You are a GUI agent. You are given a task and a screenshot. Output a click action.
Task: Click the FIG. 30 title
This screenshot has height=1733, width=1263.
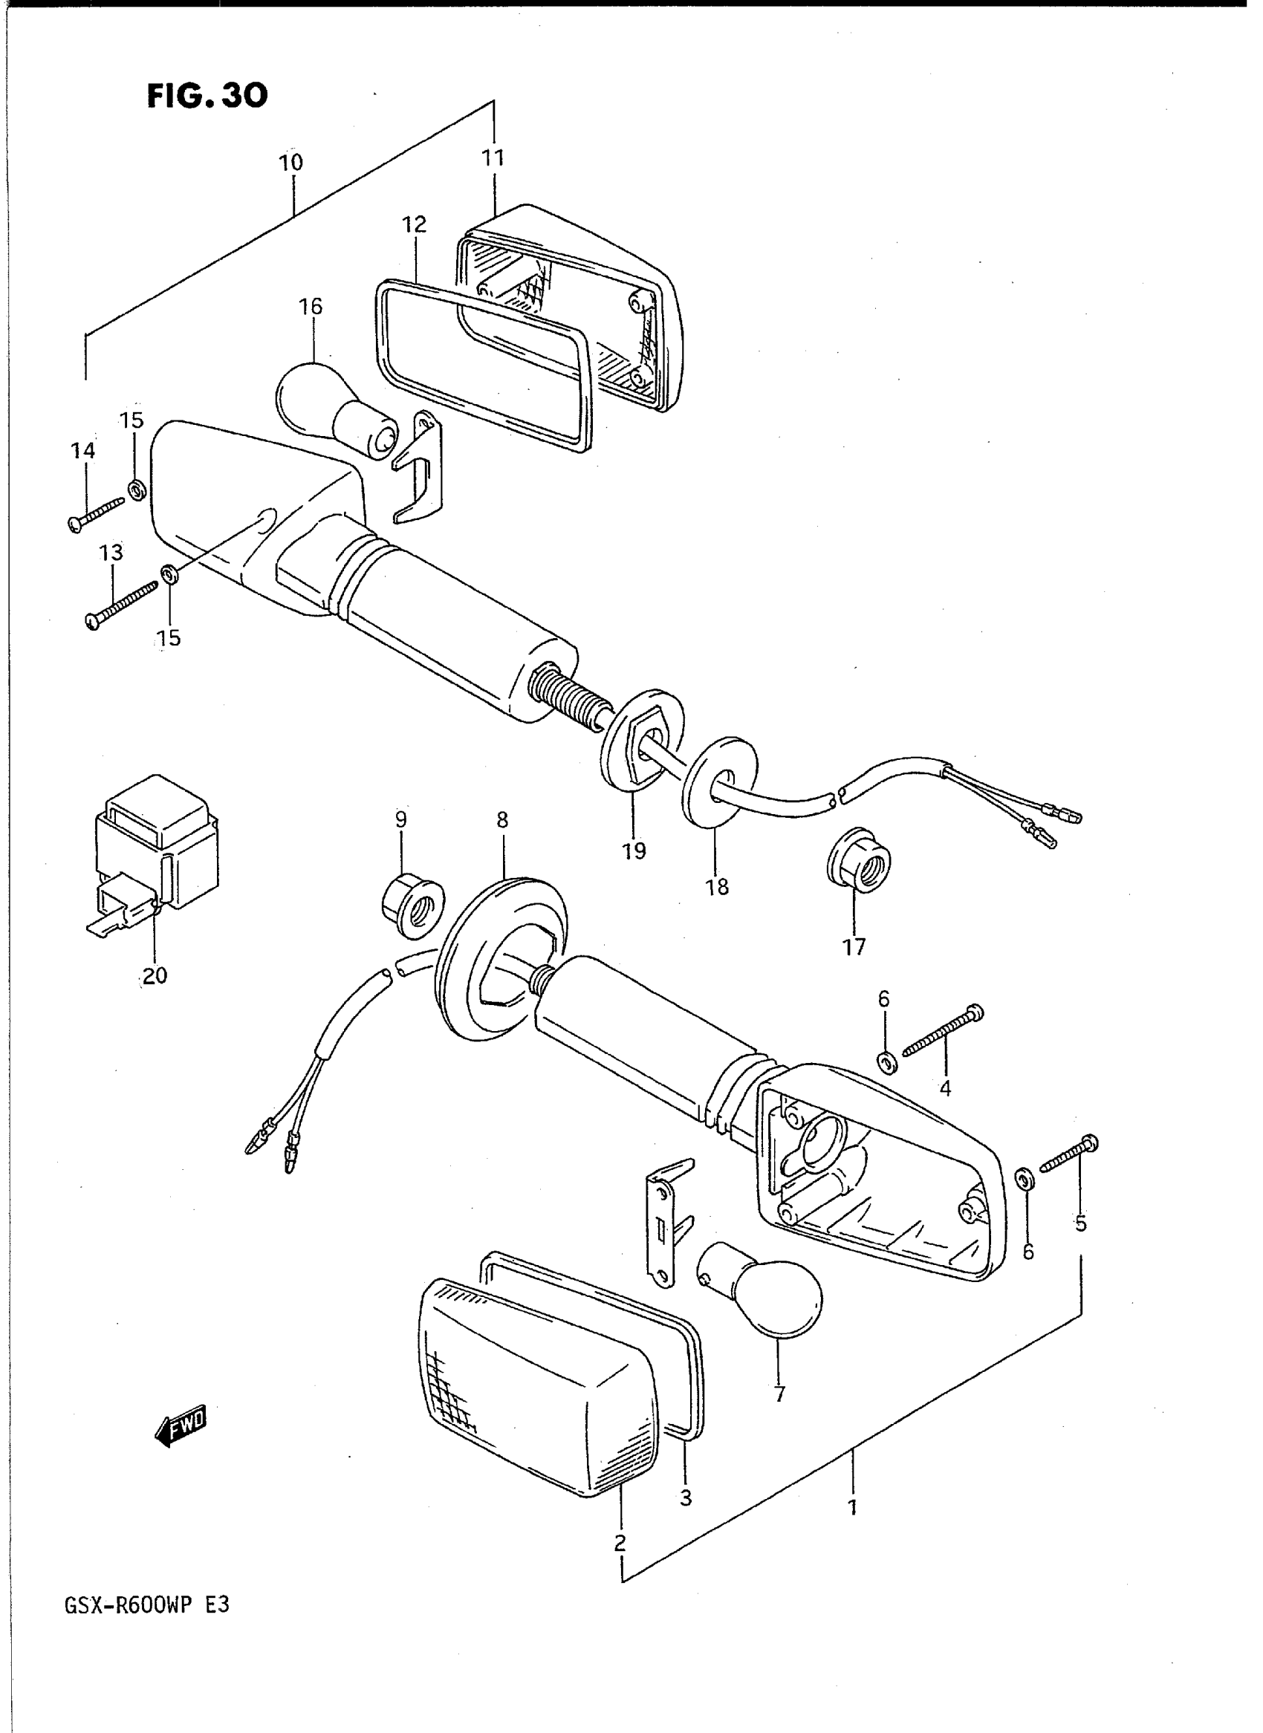click(207, 97)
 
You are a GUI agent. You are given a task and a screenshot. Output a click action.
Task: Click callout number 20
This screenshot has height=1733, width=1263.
click(155, 975)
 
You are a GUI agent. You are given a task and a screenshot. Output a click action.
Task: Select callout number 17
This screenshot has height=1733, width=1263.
click(854, 947)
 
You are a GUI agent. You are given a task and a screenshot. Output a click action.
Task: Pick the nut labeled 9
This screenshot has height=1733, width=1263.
click(412, 908)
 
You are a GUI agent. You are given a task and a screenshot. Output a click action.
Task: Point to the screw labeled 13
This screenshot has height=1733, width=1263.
click(123, 604)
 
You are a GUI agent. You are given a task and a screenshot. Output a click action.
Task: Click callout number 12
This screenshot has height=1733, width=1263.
click(415, 225)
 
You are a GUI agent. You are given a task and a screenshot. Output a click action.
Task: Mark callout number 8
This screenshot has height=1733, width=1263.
click(501, 820)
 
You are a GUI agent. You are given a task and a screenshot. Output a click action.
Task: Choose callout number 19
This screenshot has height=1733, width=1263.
click(634, 851)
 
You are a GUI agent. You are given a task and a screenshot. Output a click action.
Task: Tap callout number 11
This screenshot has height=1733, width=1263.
click(493, 158)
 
